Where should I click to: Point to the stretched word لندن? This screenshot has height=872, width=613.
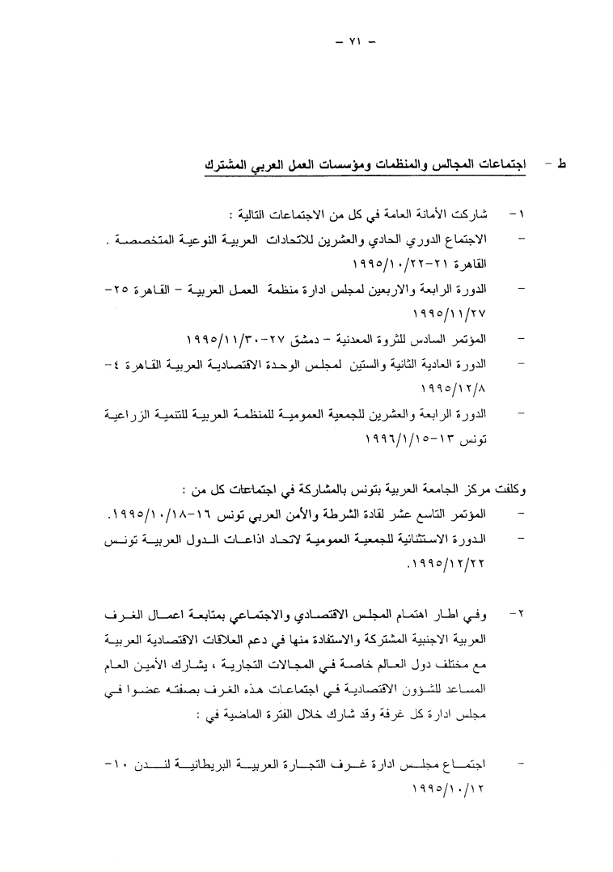[x=152, y=762]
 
